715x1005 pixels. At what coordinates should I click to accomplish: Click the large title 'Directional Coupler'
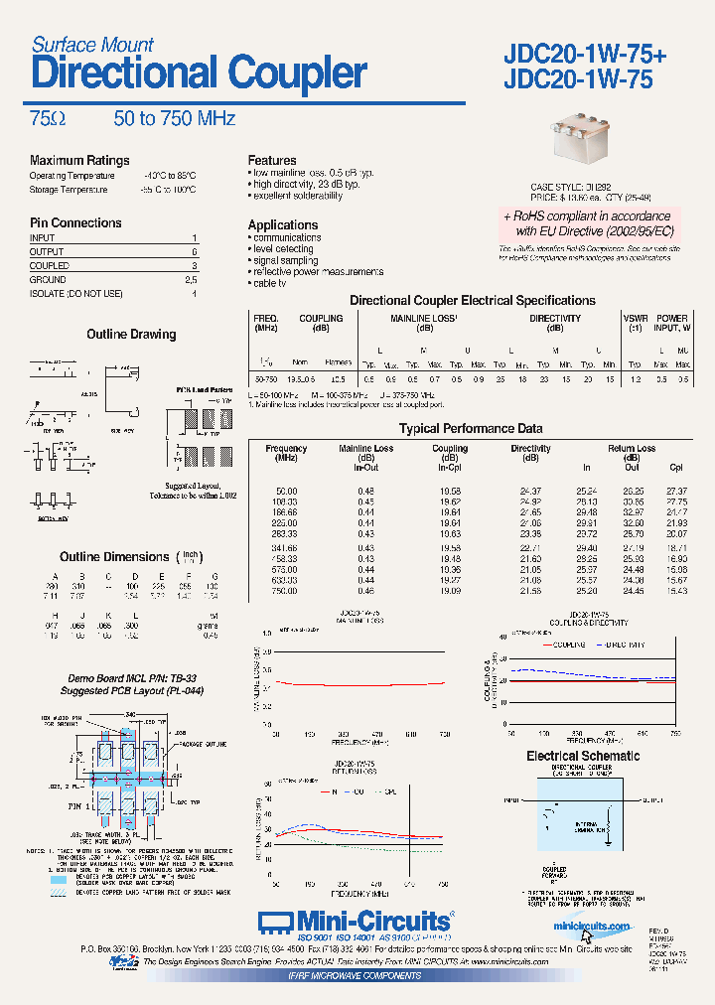point(199,74)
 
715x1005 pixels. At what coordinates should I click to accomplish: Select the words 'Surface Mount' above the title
point(92,45)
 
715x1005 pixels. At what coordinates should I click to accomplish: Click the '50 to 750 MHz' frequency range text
point(174,119)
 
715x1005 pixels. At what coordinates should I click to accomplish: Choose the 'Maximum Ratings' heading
point(79,161)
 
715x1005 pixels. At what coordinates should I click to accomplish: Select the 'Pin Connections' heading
point(75,223)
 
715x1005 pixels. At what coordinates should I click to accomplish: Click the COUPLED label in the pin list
point(50,266)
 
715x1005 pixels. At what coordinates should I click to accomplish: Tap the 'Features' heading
point(272,161)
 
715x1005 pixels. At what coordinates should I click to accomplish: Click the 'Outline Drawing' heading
point(131,335)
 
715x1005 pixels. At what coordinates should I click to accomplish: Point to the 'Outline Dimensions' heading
point(114,557)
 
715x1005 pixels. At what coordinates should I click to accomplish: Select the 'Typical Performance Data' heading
point(471,429)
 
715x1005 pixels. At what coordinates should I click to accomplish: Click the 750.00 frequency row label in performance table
point(286,591)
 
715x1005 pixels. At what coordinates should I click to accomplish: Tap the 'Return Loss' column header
point(632,449)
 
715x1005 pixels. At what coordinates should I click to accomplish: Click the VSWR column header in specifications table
point(635,319)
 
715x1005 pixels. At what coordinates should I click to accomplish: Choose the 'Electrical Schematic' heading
point(583,757)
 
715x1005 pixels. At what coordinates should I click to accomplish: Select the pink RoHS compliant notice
point(587,223)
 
